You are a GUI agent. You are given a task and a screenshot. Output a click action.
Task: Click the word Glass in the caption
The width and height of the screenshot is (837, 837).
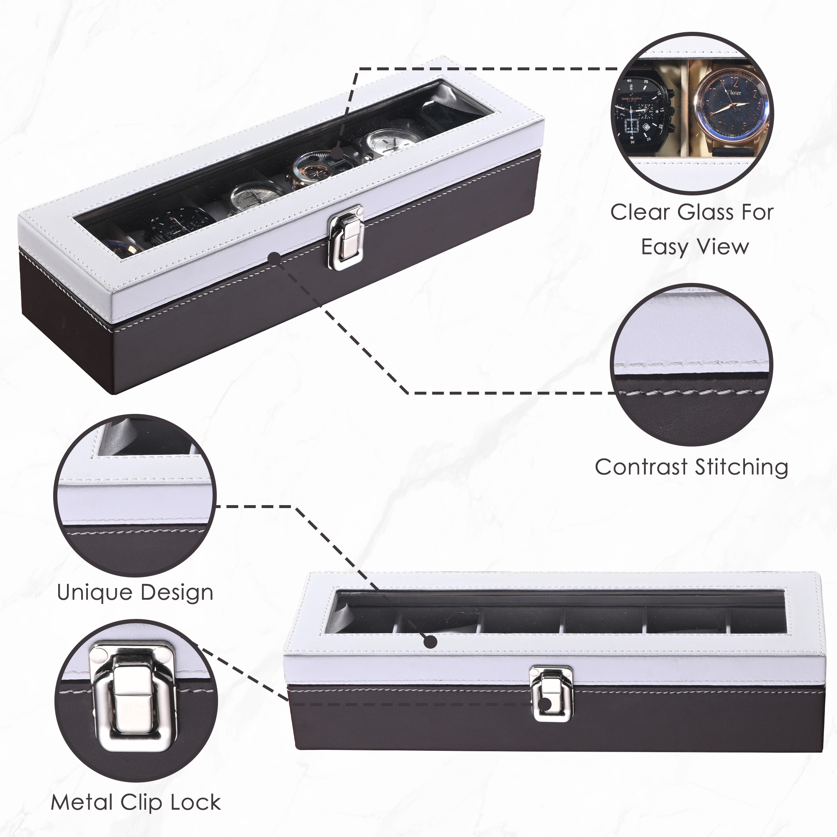pos(705,213)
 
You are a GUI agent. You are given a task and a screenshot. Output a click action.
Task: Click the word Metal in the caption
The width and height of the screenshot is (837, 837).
pos(82,802)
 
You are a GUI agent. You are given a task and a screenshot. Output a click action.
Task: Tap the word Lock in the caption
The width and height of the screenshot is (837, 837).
pos(195,802)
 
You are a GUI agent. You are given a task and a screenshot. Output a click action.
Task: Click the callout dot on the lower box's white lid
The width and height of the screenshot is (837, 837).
pos(430,642)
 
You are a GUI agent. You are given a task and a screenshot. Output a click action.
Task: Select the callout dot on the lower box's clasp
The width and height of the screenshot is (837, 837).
pos(546,704)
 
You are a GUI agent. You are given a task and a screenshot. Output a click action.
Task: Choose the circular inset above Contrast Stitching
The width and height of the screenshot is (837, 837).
pos(692,365)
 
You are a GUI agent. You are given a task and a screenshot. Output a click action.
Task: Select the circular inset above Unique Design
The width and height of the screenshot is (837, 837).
pos(135,495)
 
